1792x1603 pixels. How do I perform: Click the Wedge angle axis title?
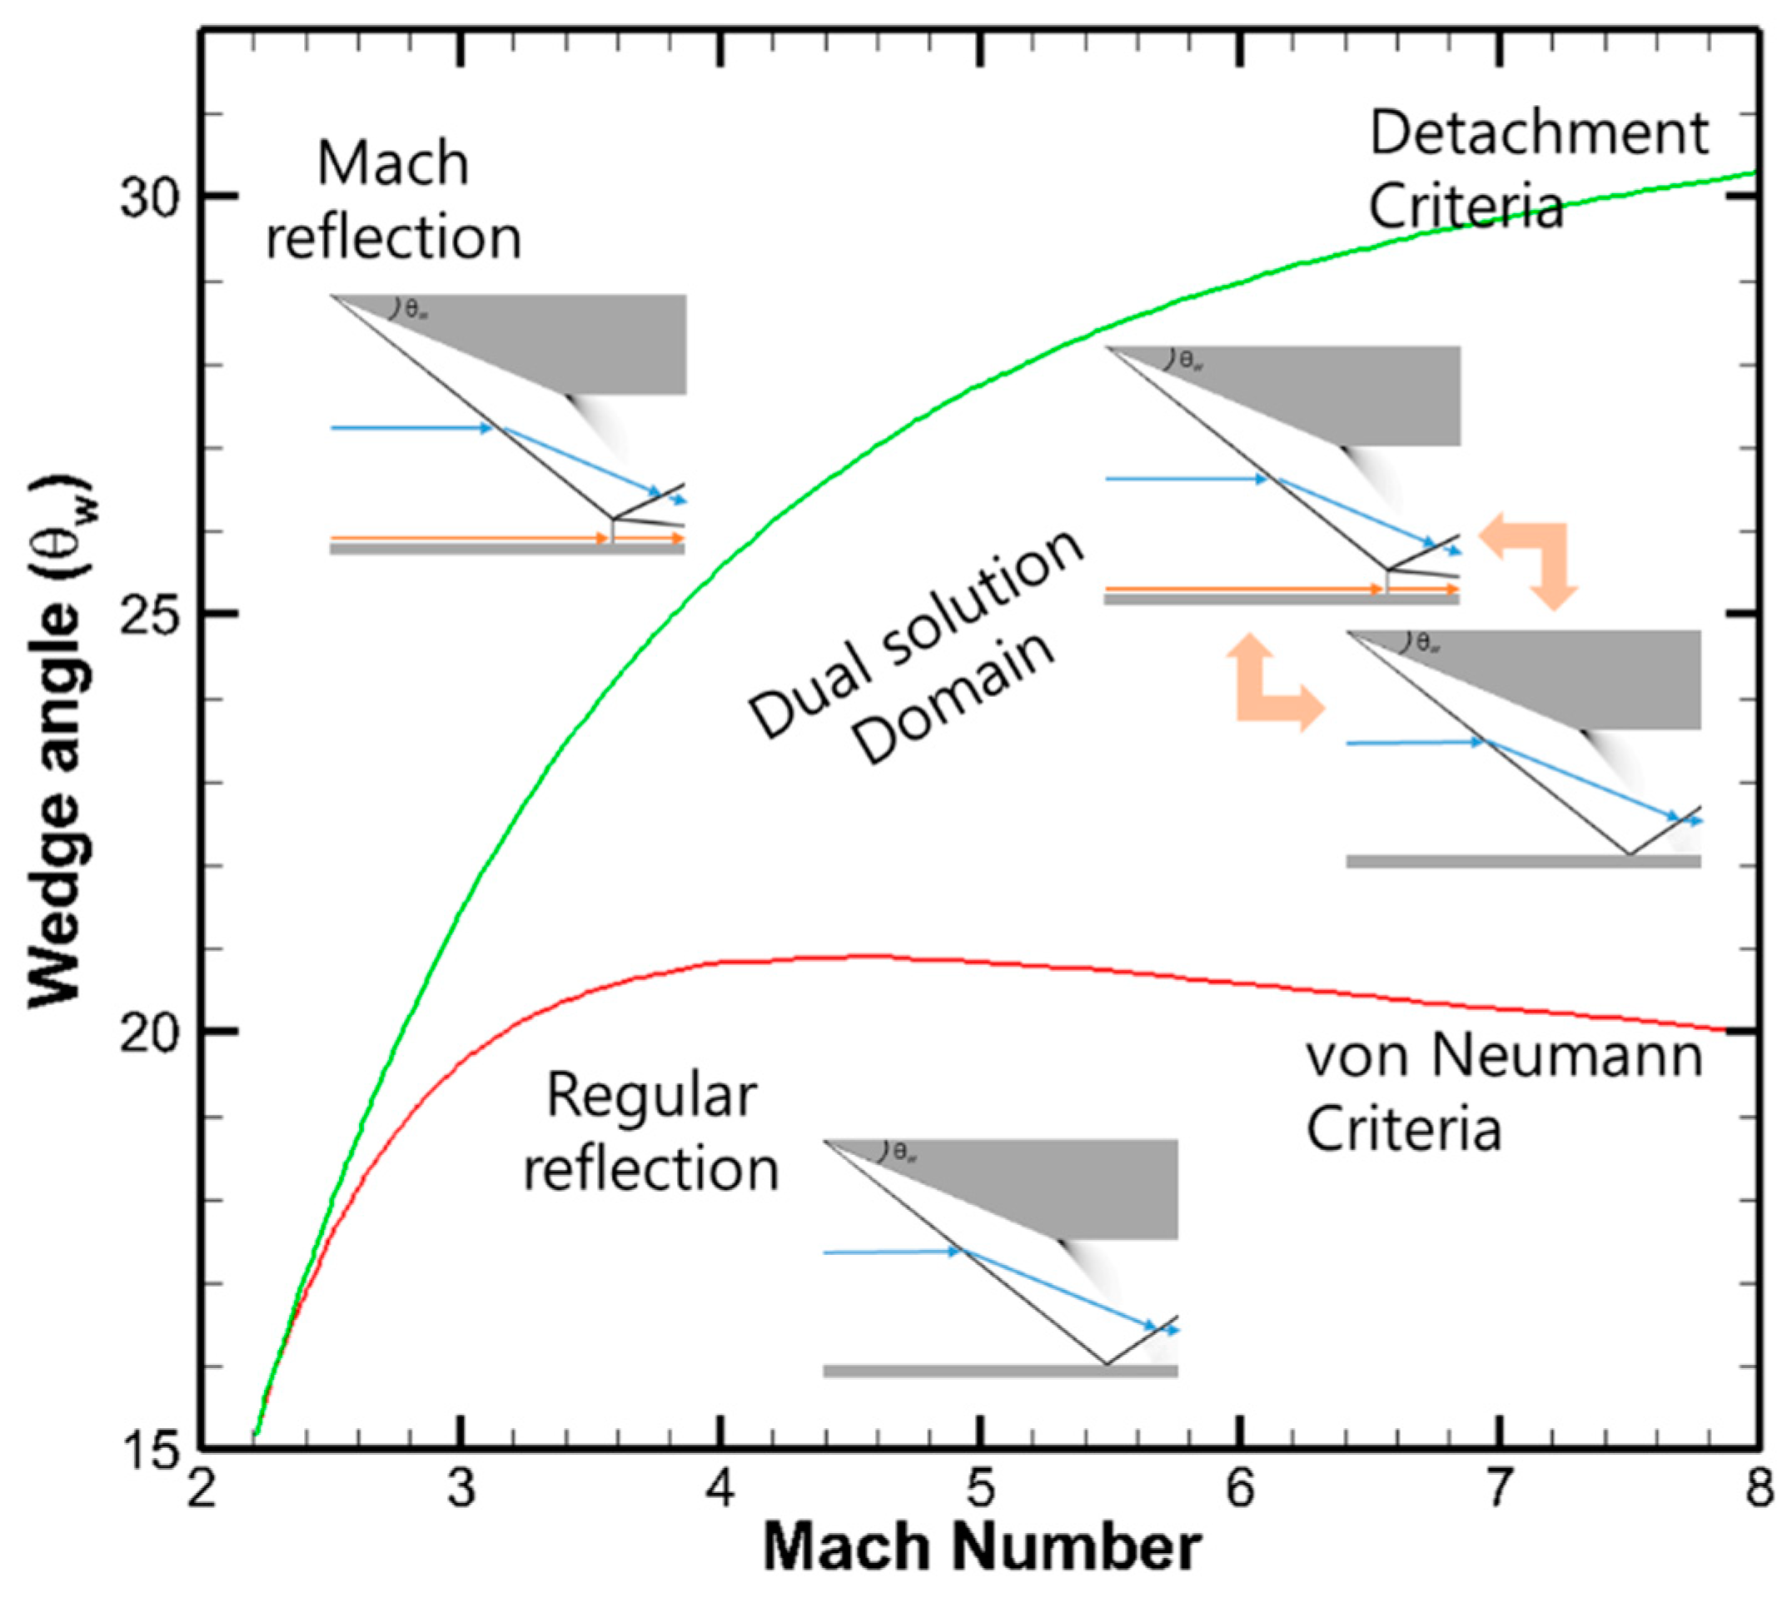[x=58, y=739]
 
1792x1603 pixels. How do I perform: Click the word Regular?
[x=652, y=1097]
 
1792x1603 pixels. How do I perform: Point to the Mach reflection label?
[x=394, y=201]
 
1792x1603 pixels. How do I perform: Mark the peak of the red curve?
[x=859, y=956]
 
